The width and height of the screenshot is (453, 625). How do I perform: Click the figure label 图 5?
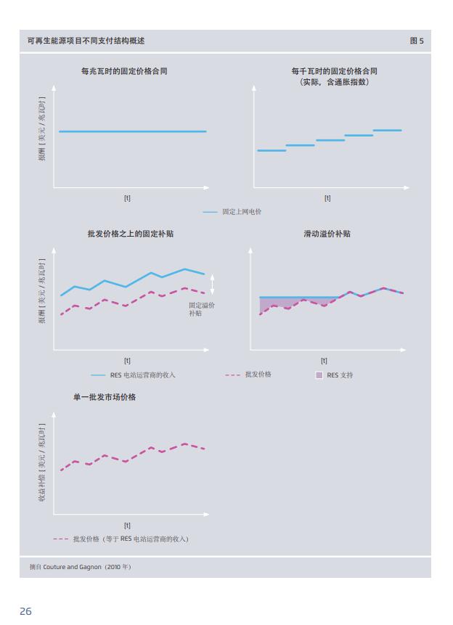click(417, 41)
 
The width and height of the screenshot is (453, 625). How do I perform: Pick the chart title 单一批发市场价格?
click(105, 397)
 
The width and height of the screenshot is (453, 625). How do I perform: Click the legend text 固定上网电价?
click(242, 211)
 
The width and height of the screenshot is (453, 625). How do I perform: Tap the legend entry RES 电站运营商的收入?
click(142, 375)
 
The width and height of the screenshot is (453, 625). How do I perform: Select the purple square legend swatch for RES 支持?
click(319, 375)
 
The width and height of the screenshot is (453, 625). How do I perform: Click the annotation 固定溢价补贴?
click(201, 309)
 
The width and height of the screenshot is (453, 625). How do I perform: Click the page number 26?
click(25, 611)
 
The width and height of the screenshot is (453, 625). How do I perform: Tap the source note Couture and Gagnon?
click(80, 566)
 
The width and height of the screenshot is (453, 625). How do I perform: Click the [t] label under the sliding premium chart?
click(324, 361)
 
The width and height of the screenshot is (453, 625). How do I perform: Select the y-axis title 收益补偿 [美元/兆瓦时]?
click(42, 463)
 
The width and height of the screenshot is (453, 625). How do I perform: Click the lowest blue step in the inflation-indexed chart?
click(272, 150)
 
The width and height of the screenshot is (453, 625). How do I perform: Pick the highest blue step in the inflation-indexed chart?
click(387, 131)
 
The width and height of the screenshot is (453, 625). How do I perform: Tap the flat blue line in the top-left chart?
click(132, 131)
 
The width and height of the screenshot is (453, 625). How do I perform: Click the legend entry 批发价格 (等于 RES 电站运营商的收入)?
click(130, 539)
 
